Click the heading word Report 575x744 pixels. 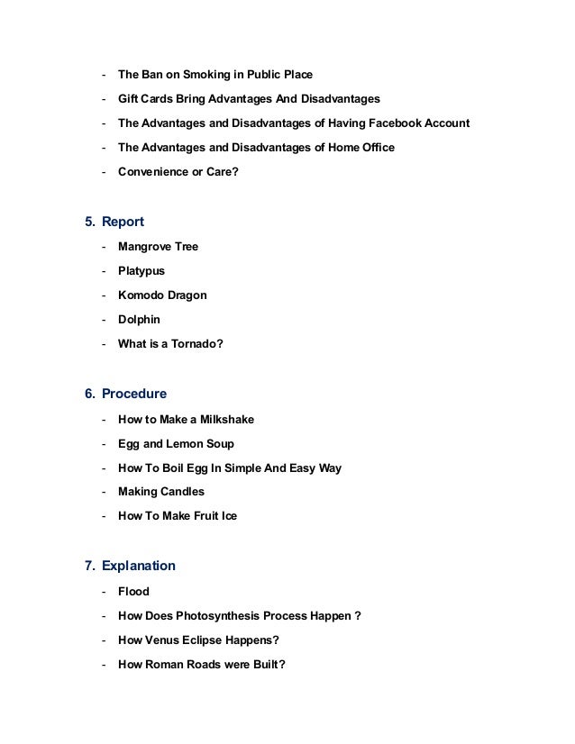coord(123,222)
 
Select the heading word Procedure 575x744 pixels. coord(134,394)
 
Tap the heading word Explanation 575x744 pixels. coord(139,567)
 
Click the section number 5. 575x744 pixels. coord(89,222)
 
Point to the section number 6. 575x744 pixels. coord(89,394)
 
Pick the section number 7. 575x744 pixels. coord(89,567)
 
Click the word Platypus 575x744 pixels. coord(141,270)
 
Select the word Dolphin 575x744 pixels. coord(139,319)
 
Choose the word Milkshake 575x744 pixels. coord(228,419)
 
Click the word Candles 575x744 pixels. coord(183,492)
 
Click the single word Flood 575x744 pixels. coord(133,592)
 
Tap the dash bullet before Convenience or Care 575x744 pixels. coord(105,171)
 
